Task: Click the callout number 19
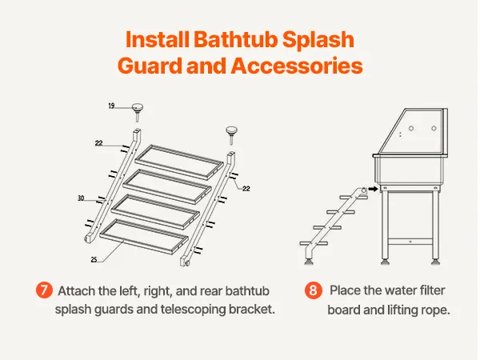click(x=111, y=106)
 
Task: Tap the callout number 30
click(x=81, y=198)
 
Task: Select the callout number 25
click(x=94, y=259)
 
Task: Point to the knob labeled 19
click(x=138, y=112)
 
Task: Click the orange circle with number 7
click(x=44, y=290)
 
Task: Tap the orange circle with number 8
click(x=313, y=290)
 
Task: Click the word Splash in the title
click(x=318, y=40)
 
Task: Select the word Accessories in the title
click(x=297, y=66)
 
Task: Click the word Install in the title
click(x=158, y=39)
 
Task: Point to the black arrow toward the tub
click(x=373, y=189)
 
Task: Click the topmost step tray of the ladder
click(x=179, y=162)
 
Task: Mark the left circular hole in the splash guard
click(x=411, y=129)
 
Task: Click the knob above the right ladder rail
click(x=232, y=135)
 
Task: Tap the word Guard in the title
click(x=150, y=66)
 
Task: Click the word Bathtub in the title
click(x=235, y=39)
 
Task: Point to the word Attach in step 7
click(x=76, y=291)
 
